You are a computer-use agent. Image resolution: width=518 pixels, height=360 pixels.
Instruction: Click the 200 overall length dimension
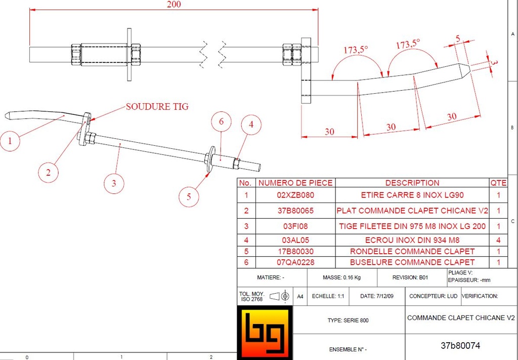click(174, 5)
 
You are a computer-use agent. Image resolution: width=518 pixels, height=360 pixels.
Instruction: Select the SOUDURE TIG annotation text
click(157, 106)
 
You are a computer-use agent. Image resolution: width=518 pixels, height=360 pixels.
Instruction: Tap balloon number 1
click(11, 141)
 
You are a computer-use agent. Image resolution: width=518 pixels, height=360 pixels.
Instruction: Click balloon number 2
click(48, 172)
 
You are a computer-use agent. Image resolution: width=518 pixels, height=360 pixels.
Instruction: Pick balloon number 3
click(114, 183)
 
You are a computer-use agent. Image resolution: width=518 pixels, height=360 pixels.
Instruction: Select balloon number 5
click(189, 197)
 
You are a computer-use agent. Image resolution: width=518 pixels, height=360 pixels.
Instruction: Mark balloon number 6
click(221, 122)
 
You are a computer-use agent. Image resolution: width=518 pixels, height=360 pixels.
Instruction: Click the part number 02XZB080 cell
click(295, 195)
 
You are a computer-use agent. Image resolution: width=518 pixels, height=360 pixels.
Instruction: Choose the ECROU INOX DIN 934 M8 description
click(412, 241)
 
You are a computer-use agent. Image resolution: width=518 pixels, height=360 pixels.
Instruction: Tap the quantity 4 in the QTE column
click(498, 241)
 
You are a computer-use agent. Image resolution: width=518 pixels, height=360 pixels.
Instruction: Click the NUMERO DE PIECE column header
click(295, 183)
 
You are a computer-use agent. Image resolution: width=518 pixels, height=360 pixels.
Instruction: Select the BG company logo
click(265, 333)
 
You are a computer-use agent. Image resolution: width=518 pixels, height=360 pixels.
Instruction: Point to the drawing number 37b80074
click(460, 346)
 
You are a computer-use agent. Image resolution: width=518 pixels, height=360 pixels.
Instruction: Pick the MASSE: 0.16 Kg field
click(341, 278)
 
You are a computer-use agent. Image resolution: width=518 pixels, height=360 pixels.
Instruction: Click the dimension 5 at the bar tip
click(458, 38)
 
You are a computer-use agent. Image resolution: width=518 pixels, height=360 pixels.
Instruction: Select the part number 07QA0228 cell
click(295, 262)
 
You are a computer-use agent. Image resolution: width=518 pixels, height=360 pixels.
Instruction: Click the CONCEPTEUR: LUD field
click(433, 296)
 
